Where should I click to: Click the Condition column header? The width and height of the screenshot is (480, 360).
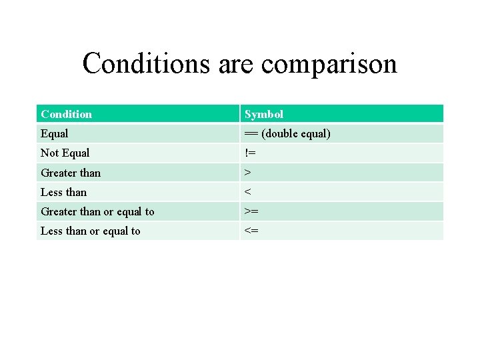66,114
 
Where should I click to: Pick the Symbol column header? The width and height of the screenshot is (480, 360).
264,114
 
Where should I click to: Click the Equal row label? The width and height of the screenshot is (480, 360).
55,133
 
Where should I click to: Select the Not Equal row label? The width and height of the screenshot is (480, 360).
65,153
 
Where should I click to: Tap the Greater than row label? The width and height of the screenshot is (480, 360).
71,173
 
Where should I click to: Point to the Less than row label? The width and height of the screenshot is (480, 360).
63,192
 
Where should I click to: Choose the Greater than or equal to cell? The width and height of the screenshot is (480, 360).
97,211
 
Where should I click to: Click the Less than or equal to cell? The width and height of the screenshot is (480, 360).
91,231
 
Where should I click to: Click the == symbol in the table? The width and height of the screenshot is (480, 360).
251,133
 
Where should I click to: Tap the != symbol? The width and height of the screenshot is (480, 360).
250,153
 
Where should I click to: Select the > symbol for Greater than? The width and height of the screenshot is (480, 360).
247,173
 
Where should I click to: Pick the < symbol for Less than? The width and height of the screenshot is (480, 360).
247,192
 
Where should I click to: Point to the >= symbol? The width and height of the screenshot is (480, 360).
251,211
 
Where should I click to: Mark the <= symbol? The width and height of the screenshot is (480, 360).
251,231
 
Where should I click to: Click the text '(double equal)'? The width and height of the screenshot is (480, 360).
295,133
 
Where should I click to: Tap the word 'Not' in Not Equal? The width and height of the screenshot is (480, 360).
49,153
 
